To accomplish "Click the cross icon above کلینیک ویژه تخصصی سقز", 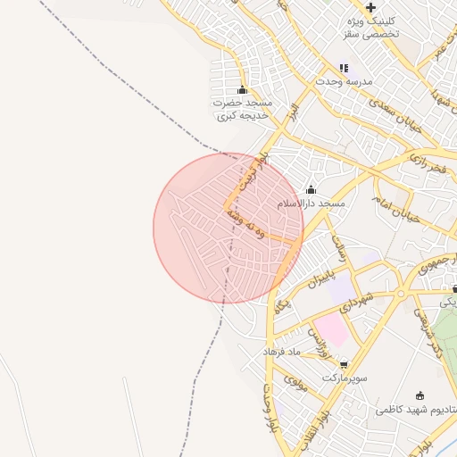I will coord(370,8).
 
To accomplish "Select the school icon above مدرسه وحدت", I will coord(344,68).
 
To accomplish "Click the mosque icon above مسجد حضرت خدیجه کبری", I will coord(242,89).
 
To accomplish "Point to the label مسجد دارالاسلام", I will coord(311,204).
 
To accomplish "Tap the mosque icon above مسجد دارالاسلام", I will coord(311,189).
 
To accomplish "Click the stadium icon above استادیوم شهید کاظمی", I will coord(420,395).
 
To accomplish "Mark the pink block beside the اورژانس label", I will coord(331,331).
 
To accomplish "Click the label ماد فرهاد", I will coord(284,353).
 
